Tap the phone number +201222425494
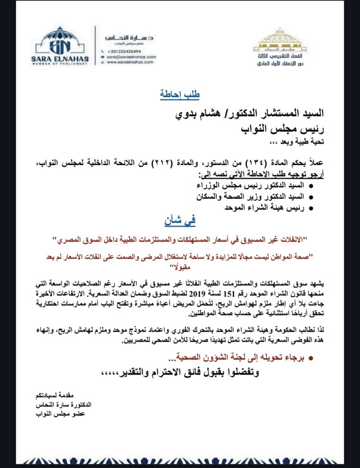coord(124,51)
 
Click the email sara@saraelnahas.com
coord(132,57)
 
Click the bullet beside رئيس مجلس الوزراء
coord(311,186)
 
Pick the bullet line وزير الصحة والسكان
coord(256,197)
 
